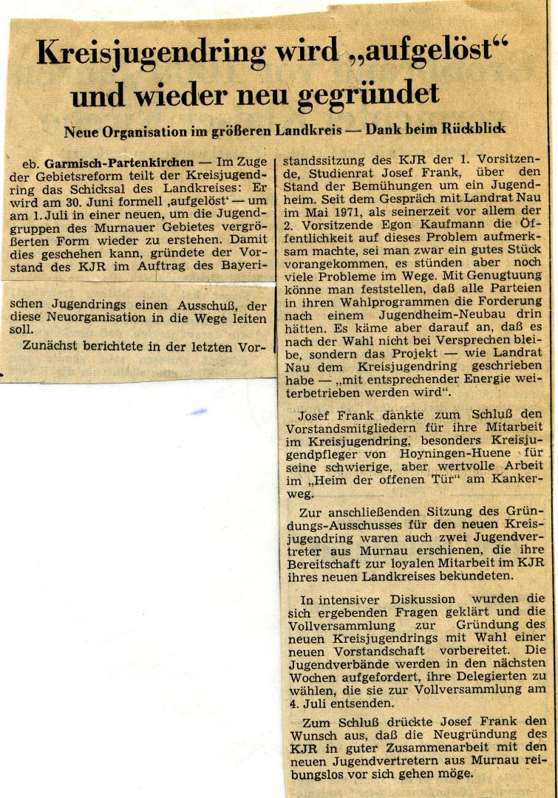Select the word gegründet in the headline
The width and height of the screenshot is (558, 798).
[x=369, y=95]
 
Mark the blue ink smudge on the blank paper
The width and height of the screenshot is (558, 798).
[x=197, y=412]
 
